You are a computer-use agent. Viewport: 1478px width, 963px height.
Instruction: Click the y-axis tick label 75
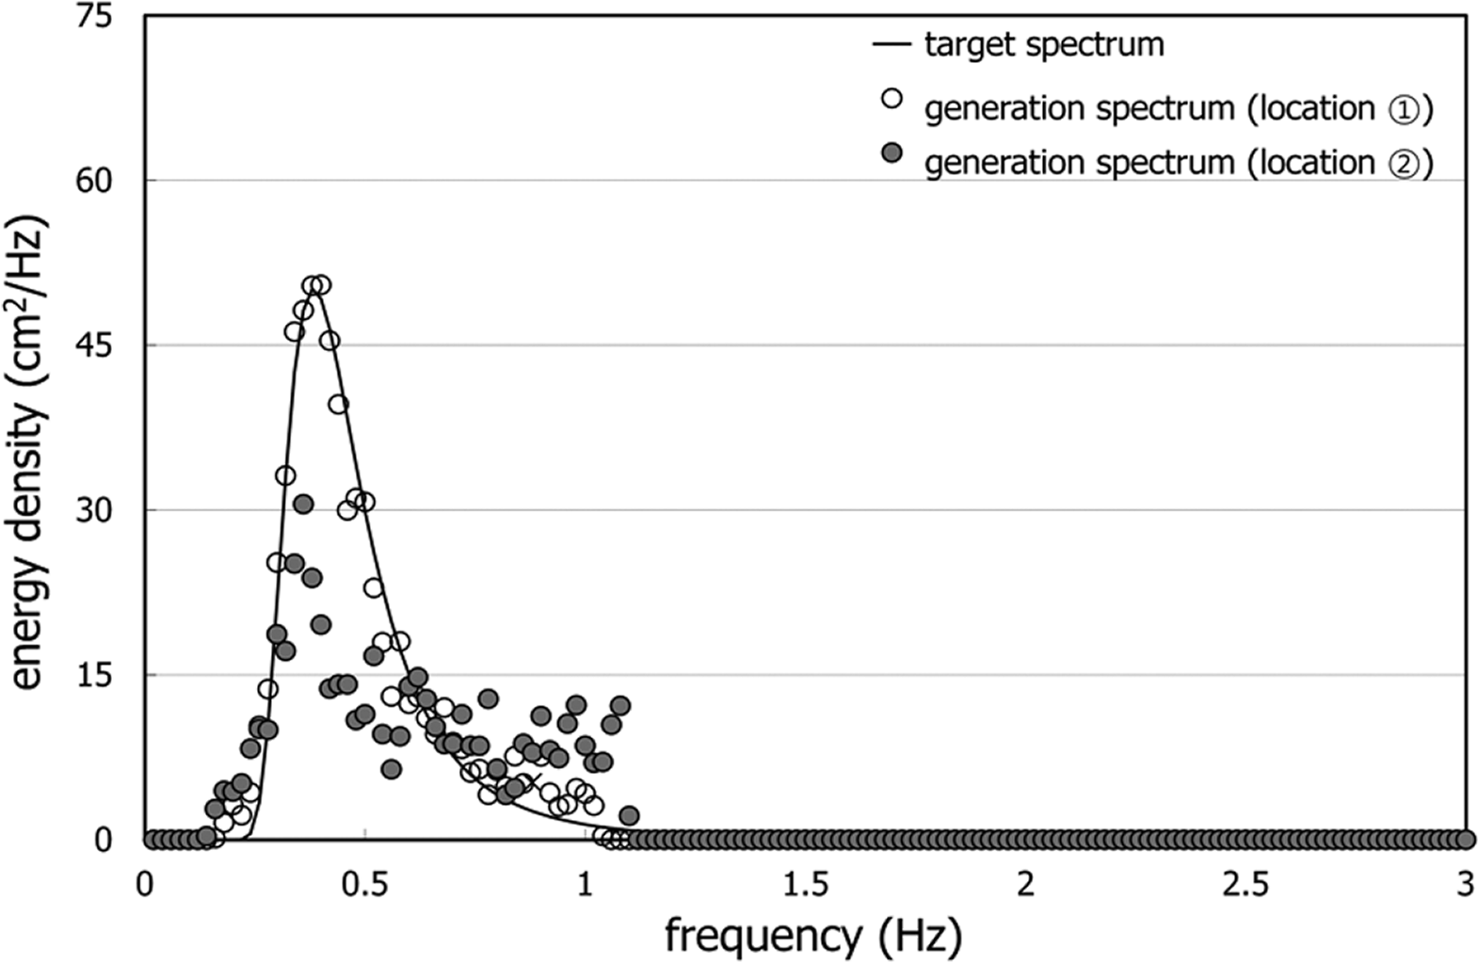(93, 16)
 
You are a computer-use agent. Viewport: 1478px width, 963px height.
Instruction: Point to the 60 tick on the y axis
(93, 180)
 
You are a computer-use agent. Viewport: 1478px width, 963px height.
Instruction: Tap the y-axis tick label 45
(93, 345)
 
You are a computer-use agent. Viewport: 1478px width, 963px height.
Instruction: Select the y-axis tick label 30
(93, 510)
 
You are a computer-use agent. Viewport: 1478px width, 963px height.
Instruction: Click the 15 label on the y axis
(93, 675)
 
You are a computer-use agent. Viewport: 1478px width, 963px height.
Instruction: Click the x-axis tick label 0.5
(364, 884)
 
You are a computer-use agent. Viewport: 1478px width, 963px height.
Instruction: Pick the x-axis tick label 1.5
(806, 884)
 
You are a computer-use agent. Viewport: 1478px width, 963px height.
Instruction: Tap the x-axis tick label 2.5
(1246, 884)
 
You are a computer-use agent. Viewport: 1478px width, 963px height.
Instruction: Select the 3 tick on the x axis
(1465, 884)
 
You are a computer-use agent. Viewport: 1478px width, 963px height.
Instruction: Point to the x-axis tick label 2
(1025, 884)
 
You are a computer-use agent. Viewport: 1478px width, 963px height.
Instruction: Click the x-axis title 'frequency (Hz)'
(813, 936)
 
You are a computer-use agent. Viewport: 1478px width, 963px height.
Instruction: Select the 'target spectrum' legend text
(1043, 44)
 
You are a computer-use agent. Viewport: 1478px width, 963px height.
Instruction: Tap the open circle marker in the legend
(891, 98)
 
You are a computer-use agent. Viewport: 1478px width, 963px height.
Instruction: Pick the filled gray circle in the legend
(891, 152)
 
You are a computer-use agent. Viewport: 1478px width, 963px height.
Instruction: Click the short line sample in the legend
(891, 44)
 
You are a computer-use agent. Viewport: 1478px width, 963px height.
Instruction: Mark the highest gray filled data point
(303, 504)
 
